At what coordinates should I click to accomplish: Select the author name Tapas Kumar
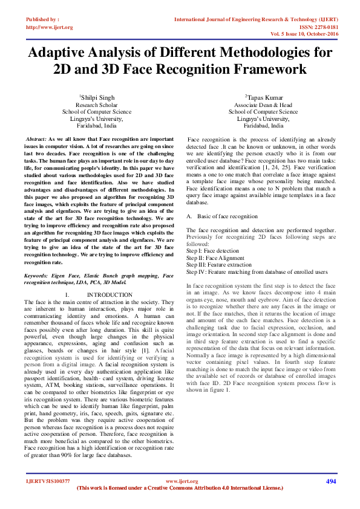coord(263,97)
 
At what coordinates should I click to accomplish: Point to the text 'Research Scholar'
coord(97,105)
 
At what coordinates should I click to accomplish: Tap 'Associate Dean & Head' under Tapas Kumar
coord(263,105)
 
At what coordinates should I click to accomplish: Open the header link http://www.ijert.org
coord(49,27)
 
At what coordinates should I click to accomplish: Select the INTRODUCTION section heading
coord(110,294)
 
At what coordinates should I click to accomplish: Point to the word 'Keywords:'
coord(36,275)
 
